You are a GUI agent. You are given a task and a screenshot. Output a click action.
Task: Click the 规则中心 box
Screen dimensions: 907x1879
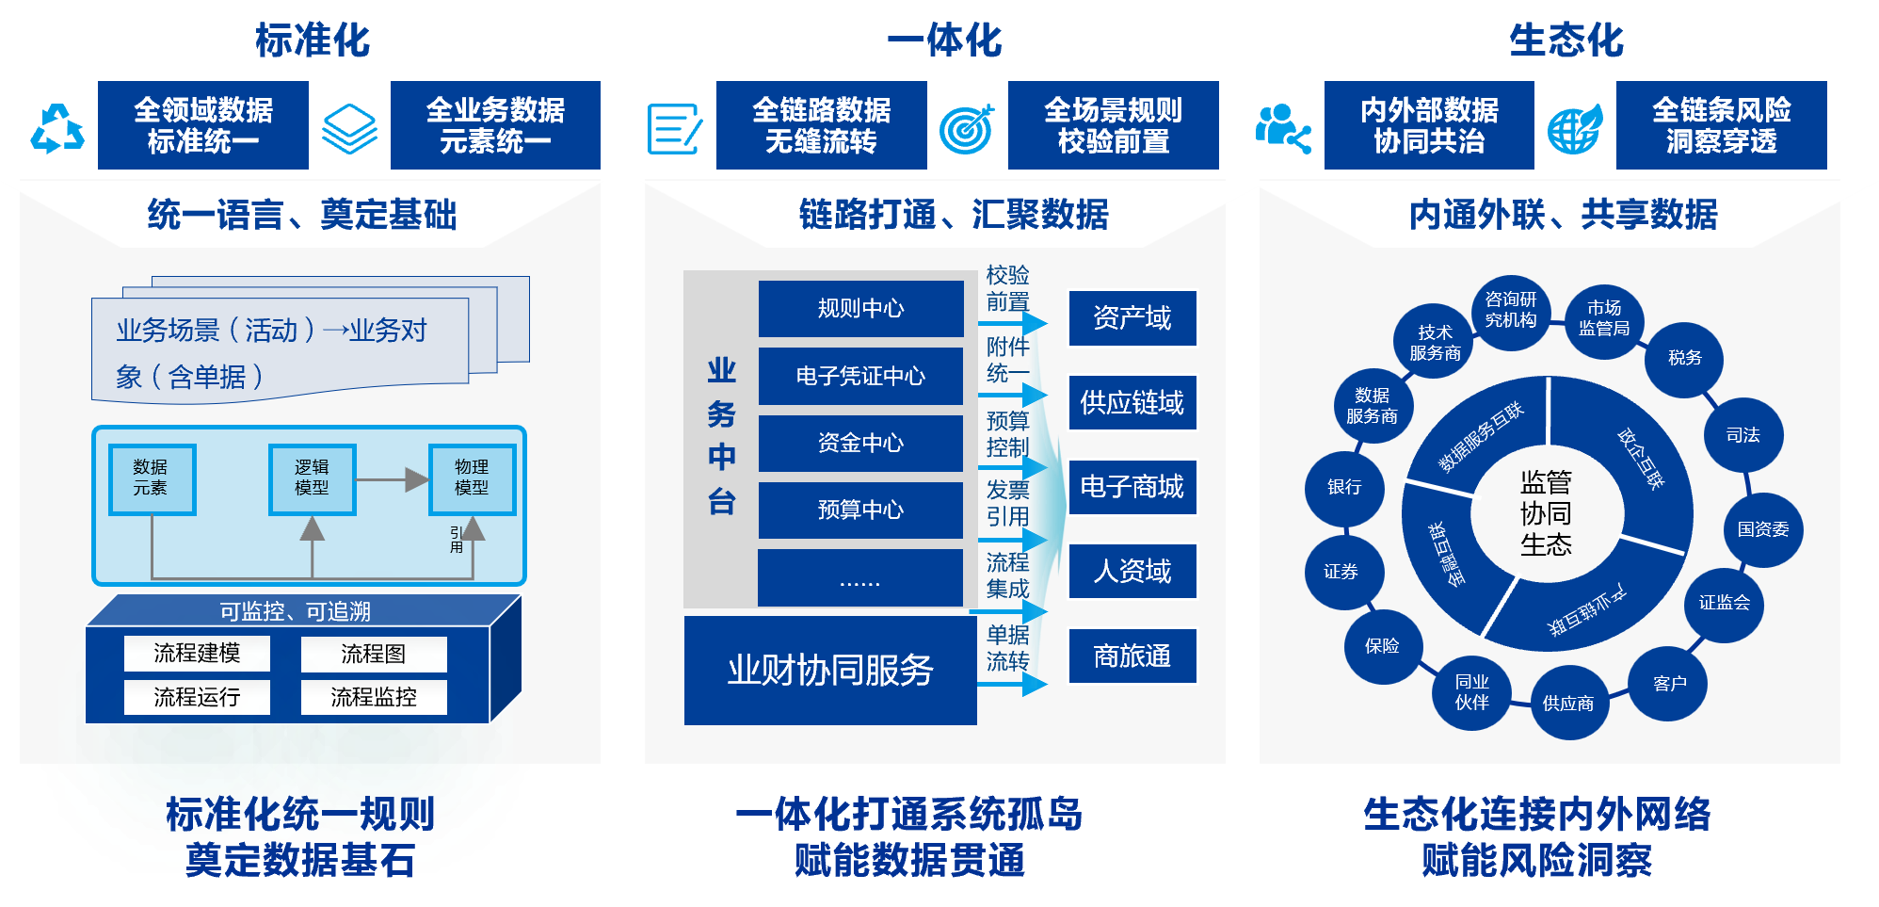point(860,308)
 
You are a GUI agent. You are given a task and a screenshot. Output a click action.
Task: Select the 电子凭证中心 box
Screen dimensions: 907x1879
point(860,376)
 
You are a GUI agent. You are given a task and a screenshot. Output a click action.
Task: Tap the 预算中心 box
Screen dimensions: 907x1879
point(860,510)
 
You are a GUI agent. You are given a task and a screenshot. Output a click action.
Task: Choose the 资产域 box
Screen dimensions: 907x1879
point(1132,318)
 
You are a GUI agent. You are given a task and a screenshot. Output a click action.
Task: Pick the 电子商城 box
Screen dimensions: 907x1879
point(1132,487)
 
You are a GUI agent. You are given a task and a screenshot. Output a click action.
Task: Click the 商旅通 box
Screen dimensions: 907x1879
point(1132,656)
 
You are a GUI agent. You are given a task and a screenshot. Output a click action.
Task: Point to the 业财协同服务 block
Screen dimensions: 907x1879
point(829,670)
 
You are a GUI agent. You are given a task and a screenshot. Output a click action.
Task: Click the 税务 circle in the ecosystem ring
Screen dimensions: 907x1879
point(1684,358)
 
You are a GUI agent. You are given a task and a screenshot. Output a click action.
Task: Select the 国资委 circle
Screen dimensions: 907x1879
point(1762,529)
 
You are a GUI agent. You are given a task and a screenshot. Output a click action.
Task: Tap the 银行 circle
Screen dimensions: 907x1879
point(1343,487)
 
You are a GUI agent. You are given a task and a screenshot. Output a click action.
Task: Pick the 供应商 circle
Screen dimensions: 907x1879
point(1567,703)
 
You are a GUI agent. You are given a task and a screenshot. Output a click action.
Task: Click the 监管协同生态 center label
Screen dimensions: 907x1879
point(1546,513)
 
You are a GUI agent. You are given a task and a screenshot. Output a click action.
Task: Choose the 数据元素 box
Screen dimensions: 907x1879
point(152,478)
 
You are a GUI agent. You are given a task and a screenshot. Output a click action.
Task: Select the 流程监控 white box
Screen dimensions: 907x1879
point(373,697)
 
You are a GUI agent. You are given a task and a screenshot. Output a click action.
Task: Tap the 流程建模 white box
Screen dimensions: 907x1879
point(197,653)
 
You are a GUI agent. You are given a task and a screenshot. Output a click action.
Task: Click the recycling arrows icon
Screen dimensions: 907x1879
point(57,128)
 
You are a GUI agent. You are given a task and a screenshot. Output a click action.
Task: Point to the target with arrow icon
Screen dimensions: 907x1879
point(967,128)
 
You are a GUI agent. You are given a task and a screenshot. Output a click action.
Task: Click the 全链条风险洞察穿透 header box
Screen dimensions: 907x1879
point(1721,125)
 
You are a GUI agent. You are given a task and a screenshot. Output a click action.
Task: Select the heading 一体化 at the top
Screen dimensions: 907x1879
point(944,40)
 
